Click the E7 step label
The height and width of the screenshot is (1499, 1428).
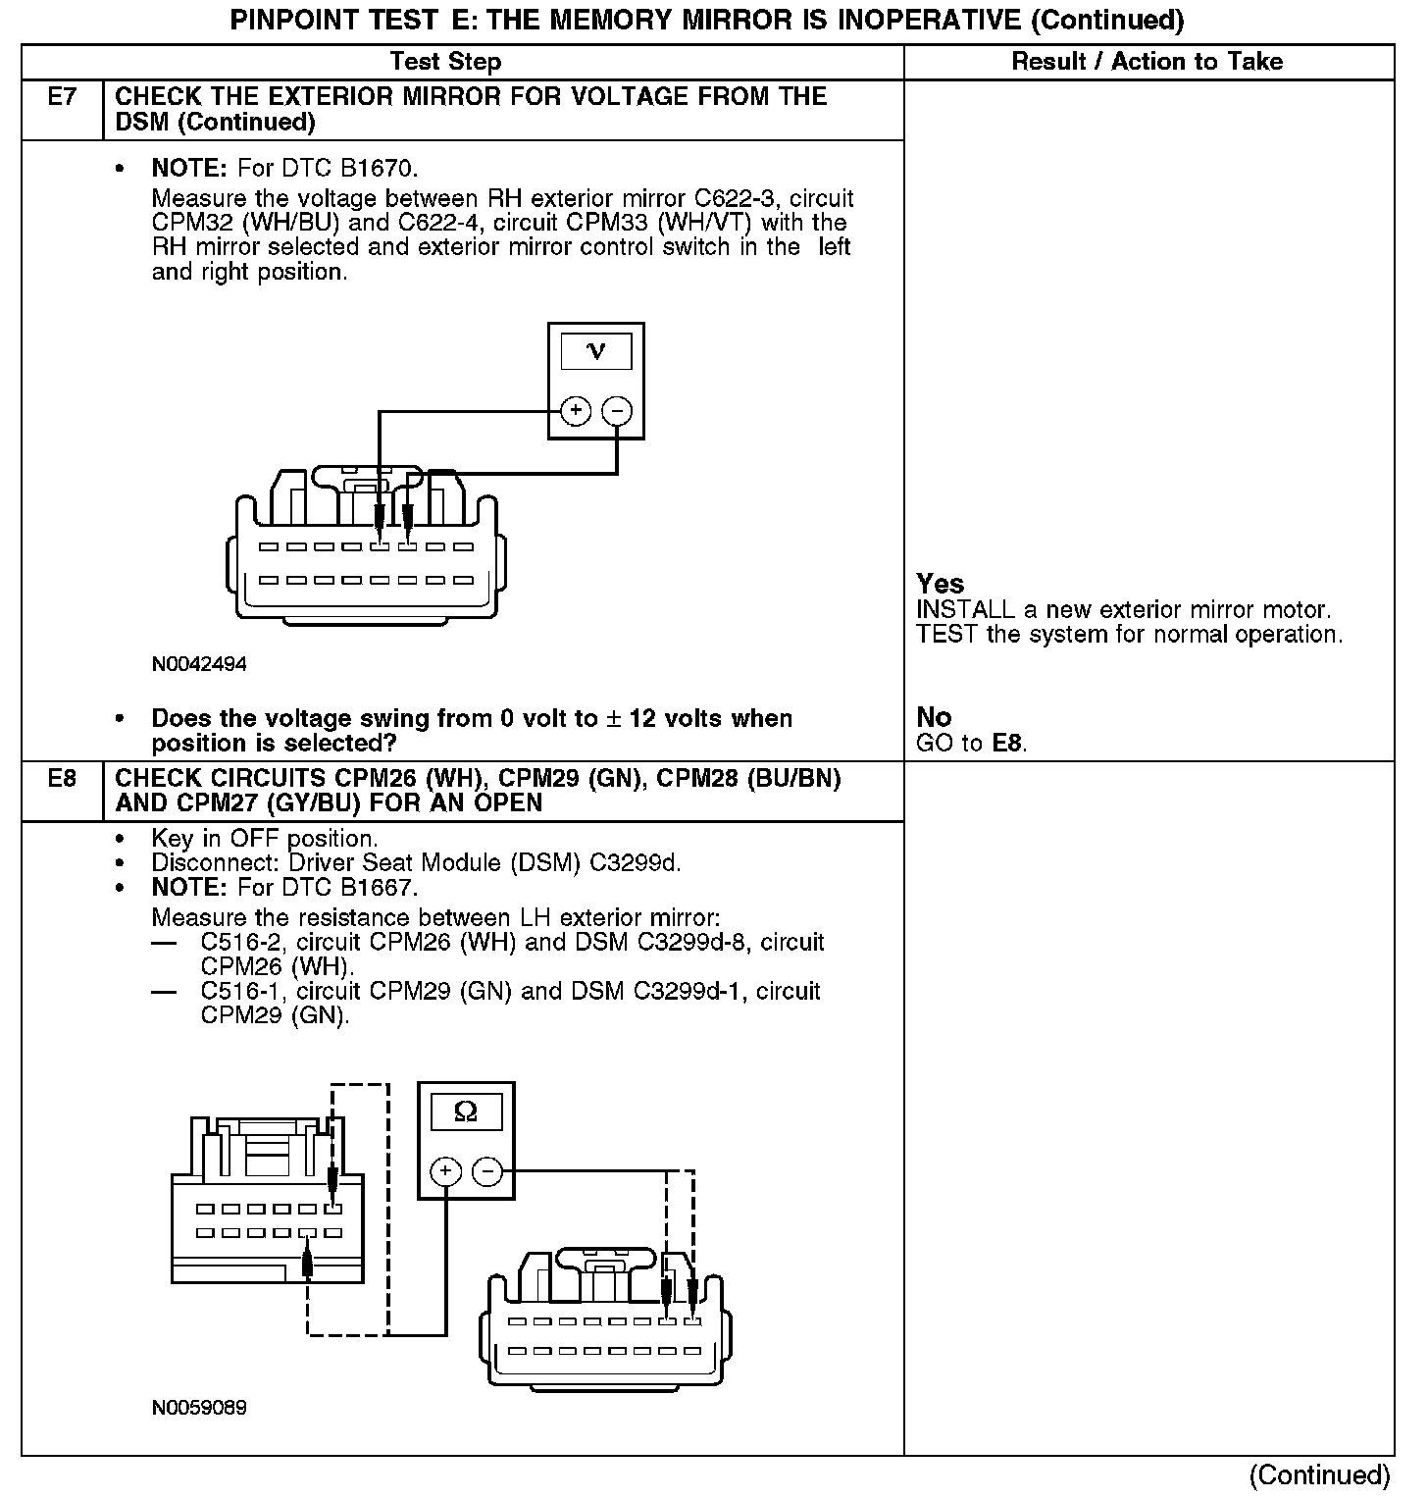[x=62, y=97]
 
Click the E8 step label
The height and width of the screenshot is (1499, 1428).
[x=62, y=779]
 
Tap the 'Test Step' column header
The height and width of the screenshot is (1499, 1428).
[x=445, y=62]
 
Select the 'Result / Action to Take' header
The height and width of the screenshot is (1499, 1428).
[x=1147, y=62]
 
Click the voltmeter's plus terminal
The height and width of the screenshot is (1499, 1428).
[x=576, y=411]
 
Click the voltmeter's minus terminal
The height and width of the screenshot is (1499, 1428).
[x=617, y=411]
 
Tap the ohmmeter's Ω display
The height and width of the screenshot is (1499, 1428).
[x=466, y=1112]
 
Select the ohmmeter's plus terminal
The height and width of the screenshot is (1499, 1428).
[x=445, y=1170]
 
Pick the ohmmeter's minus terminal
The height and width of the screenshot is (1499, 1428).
[x=487, y=1170]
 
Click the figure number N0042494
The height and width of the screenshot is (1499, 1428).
[x=199, y=664]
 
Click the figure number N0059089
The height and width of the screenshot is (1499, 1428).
[x=199, y=1408]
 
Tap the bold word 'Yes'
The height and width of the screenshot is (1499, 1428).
[x=940, y=584]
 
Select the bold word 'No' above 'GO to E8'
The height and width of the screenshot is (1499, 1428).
[x=934, y=717]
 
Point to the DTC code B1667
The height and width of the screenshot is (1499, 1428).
[x=383, y=888]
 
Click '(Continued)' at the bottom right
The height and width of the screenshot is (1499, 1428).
[x=1319, y=1475]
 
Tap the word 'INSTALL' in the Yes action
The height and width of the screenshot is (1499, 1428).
[x=964, y=610]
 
